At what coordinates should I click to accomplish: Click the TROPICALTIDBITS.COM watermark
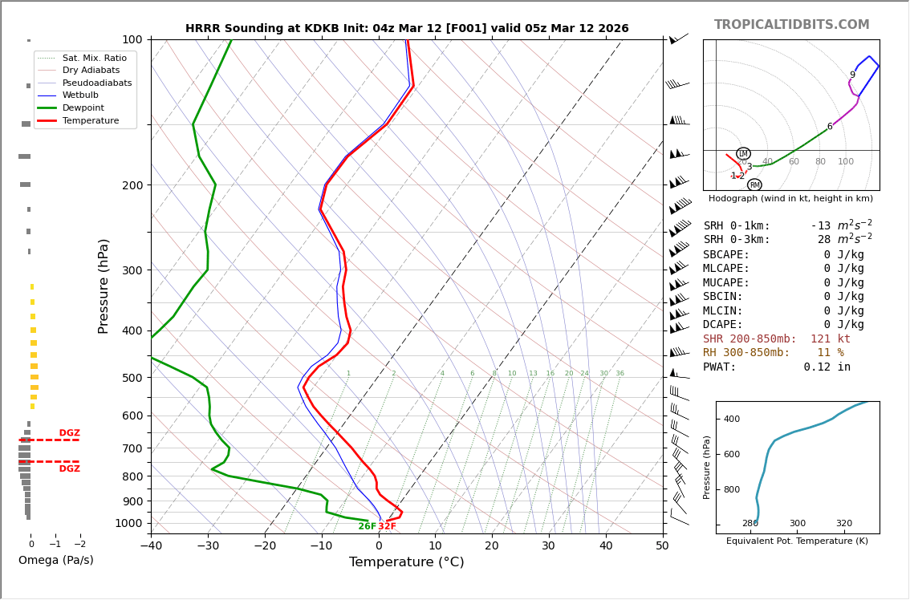pyautogui.click(x=791, y=25)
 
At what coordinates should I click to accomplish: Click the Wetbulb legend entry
pyautogui.click(x=79, y=95)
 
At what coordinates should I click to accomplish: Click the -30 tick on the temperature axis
pyautogui.click(x=208, y=546)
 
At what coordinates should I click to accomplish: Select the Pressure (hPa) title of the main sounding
pyautogui.click(x=104, y=286)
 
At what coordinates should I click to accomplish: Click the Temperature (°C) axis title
pyautogui.click(x=406, y=562)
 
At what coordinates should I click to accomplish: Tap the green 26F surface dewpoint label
pyautogui.click(x=367, y=526)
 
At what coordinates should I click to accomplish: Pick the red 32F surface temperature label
pyautogui.click(x=387, y=526)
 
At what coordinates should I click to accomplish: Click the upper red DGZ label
pyautogui.click(x=69, y=433)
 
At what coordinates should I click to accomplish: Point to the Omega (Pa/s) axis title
pyautogui.click(x=55, y=560)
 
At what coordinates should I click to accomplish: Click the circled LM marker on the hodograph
pyautogui.click(x=743, y=153)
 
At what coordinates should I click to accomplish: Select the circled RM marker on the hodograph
pyautogui.click(x=754, y=185)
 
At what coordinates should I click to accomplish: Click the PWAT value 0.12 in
pyautogui.click(x=827, y=367)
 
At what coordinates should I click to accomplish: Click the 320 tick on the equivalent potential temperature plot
pyautogui.click(x=844, y=523)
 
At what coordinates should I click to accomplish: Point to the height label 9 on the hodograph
pyautogui.click(x=852, y=75)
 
